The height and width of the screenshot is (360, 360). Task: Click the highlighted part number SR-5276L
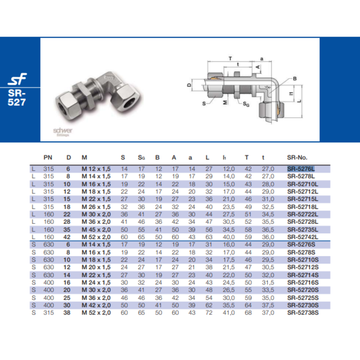coord(300,169)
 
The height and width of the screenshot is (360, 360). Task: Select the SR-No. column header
coord(297,157)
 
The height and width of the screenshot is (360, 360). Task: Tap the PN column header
coord(48,157)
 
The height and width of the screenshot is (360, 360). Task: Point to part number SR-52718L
coord(302,206)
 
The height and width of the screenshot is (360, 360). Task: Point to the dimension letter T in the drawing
coord(230,58)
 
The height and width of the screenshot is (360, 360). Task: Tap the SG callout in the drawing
coord(247,104)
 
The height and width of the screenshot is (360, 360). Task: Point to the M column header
coord(84,157)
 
